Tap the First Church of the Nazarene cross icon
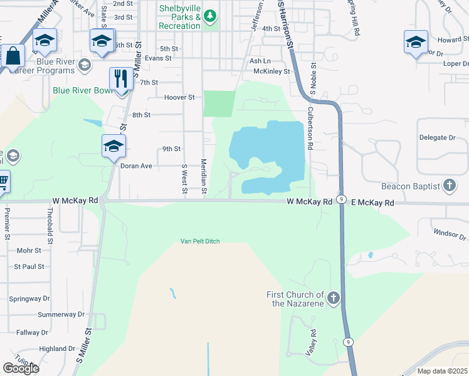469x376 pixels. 333,298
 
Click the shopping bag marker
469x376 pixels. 13,56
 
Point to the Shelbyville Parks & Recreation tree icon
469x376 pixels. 211,15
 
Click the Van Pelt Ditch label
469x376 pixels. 200,241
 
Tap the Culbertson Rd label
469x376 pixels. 310,128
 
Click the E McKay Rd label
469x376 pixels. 372,203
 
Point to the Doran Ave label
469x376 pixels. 136,166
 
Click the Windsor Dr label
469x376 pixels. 450,233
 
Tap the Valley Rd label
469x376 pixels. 309,343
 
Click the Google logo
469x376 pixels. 21,368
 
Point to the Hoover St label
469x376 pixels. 180,97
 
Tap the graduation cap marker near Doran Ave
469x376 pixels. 113,147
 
